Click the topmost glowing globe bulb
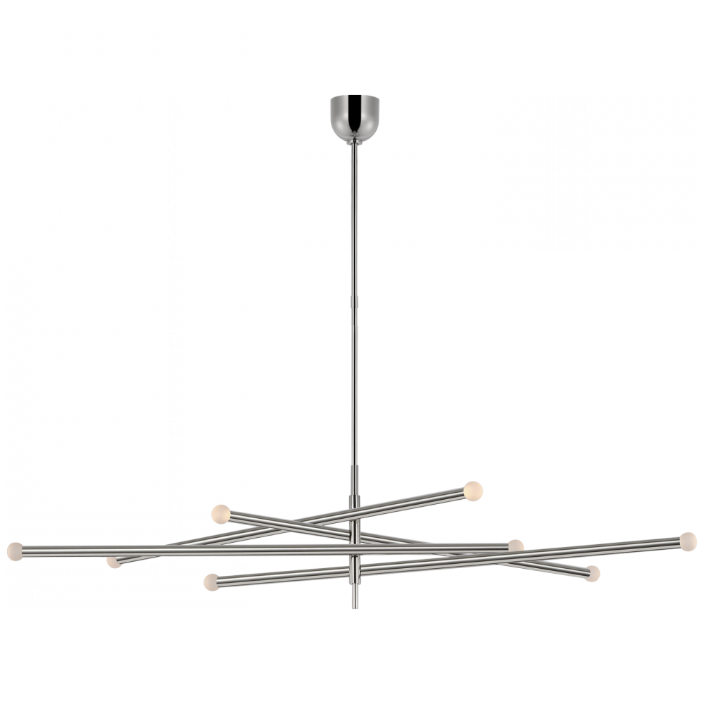[474, 487]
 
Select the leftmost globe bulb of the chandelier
[12, 549]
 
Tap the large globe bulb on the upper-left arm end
[220, 513]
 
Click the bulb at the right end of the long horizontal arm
[514, 546]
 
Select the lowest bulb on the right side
[600, 572]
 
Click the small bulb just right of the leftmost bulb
[111, 563]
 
